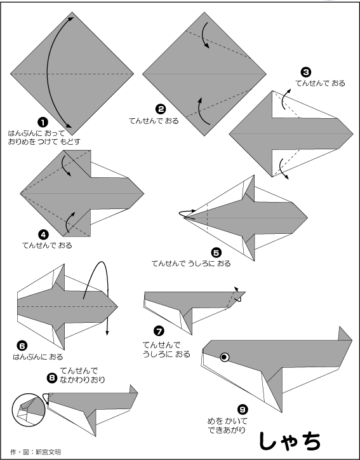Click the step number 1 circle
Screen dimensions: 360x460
tap(43, 123)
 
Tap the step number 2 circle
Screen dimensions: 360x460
tap(161, 110)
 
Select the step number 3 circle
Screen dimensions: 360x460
tap(306, 72)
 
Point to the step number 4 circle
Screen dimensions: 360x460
tap(43, 234)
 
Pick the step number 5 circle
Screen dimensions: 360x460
tap(216, 253)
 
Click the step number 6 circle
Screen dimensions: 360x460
tap(22, 346)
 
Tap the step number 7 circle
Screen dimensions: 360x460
tap(159, 332)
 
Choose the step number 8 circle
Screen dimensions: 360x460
tap(52, 378)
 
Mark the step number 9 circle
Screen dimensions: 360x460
tap(243, 409)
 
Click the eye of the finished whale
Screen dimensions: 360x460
tap(225, 357)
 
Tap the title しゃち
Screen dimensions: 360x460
tap(290, 441)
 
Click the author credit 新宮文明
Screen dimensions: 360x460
tap(48, 452)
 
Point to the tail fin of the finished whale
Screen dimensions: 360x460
tap(345, 334)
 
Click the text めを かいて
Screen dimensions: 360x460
tap(227, 421)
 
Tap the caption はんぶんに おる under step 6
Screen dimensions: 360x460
tap(38, 357)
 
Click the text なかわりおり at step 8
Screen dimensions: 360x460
tap(82, 379)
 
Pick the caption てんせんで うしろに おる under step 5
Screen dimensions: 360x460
tap(191, 264)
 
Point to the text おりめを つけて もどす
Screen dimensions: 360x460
tap(44, 142)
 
